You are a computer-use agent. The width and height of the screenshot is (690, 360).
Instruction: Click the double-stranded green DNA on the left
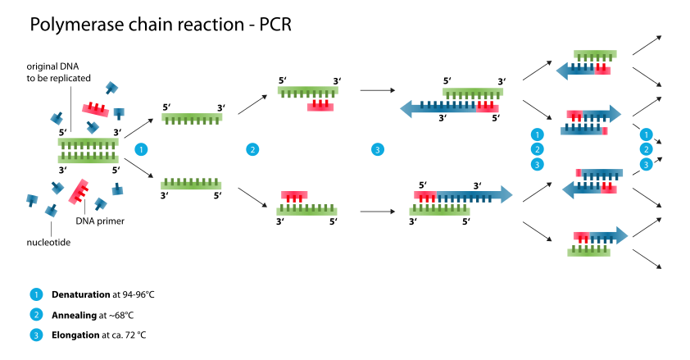point(88,151)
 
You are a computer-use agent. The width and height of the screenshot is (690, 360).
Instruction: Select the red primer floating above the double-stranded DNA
point(95,109)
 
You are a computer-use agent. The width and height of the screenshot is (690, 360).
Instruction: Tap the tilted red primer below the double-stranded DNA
point(79,191)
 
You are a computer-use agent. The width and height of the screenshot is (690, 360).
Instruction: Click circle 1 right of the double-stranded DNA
point(141,149)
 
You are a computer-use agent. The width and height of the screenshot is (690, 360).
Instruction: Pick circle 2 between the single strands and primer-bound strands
point(252,149)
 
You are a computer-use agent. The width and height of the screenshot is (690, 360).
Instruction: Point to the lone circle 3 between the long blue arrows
point(377,149)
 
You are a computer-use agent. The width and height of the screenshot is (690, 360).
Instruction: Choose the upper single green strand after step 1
point(192,117)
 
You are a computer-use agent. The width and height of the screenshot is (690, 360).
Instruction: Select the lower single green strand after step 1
point(191,185)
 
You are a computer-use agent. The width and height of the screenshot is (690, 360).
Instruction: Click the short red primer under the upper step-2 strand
point(320,107)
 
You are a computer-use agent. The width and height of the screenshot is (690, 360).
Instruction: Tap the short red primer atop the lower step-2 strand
point(294,195)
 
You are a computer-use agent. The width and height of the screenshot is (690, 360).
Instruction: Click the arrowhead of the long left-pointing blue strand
point(406,108)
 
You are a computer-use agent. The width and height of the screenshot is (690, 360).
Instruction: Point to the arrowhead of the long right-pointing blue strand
point(506,194)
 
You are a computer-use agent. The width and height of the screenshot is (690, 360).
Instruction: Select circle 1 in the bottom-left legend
point(36,294)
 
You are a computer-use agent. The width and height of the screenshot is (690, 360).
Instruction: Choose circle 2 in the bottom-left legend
point(36,314)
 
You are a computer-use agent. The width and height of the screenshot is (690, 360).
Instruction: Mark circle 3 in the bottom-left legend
point(36,335)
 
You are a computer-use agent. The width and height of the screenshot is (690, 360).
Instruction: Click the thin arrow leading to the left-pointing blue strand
point(377,90)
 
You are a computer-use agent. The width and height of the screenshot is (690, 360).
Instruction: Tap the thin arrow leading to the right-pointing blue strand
point(377,212)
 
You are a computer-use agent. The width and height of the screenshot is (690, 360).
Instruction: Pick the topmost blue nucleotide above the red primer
point(111,87)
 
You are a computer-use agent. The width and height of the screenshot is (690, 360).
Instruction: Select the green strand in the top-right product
point(595,54)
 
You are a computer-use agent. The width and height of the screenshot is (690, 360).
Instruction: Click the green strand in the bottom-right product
point(588,253)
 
